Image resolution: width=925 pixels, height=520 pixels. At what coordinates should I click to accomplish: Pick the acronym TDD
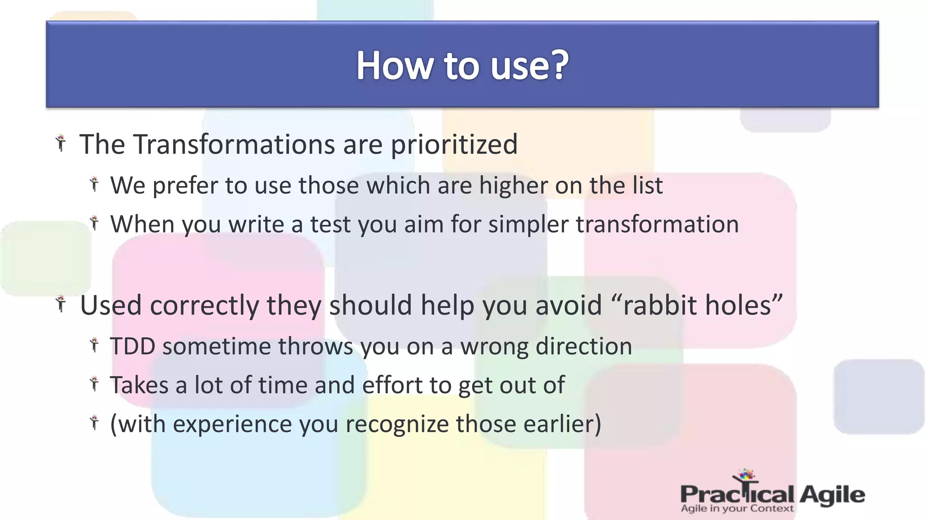click(133, 346)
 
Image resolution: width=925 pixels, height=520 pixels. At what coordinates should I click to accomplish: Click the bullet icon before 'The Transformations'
click(61, 144)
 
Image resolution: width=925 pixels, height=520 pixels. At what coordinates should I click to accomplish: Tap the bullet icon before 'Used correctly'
click(61, 304)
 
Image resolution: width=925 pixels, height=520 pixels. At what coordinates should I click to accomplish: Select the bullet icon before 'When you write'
click(94, 223)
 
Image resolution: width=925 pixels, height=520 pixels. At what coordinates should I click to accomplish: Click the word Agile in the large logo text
click(832, 495)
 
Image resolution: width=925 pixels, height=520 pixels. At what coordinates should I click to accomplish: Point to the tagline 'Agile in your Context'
click(737, 509)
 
